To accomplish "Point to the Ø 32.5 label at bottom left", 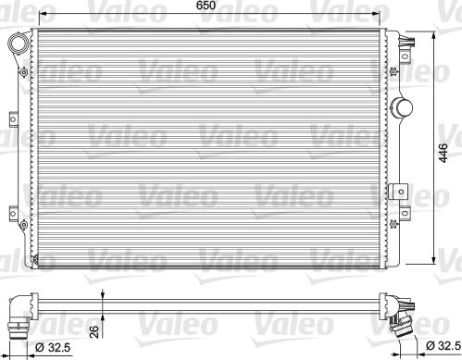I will coord(52,347).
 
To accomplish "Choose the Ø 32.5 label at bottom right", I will coord(441,347).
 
